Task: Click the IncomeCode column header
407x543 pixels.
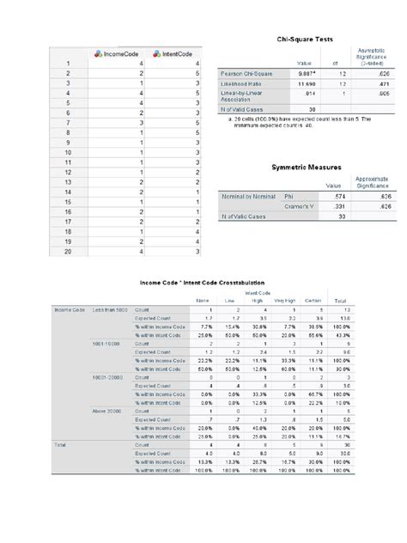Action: coord(114,54)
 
